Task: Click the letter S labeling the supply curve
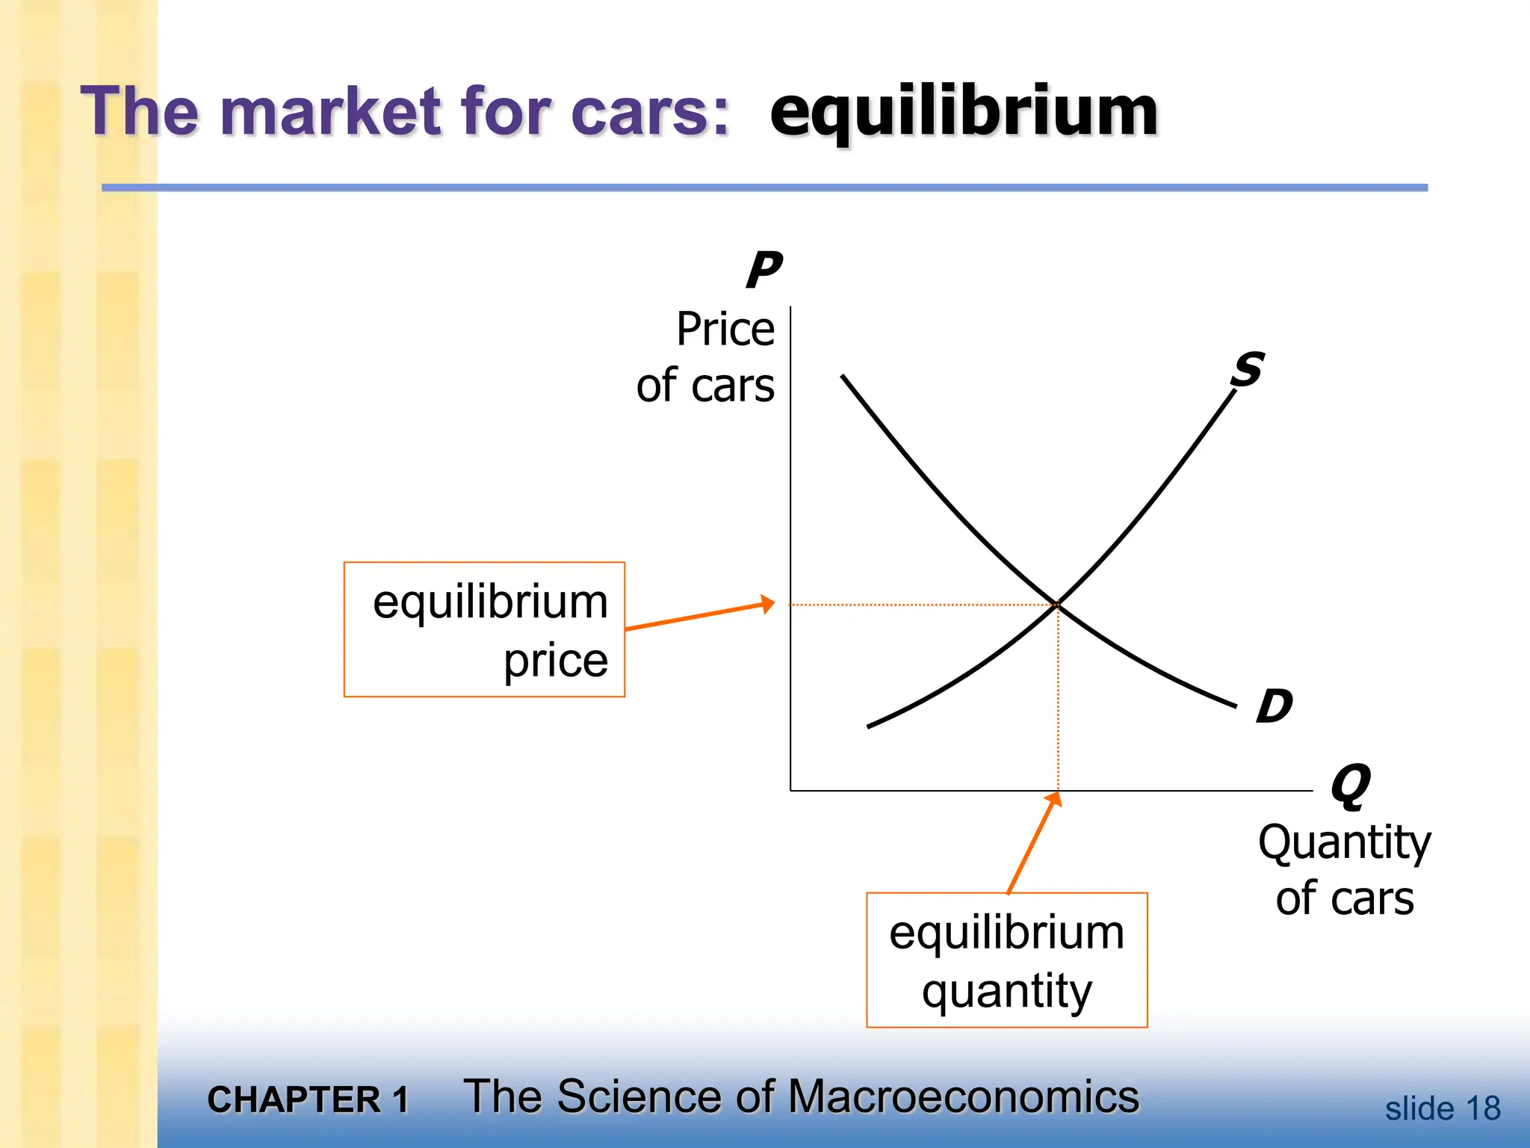pos(1248,369)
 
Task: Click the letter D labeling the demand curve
pos(1274,706)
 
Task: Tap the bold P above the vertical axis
pos(764,270)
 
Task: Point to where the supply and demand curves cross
pos(1058,603)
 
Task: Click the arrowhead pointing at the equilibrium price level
pos(767,603)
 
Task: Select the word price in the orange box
pos(556,661)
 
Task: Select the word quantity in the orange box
pos(1006,992)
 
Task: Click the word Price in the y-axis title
pos(725,329)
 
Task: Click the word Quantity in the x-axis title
pos(1344,843)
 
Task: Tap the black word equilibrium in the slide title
pos(964,112)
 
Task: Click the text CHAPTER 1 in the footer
pos(308,1099)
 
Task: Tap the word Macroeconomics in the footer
pos(963,1096)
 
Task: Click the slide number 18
pos(1483,1108)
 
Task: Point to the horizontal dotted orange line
pos(919,604)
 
